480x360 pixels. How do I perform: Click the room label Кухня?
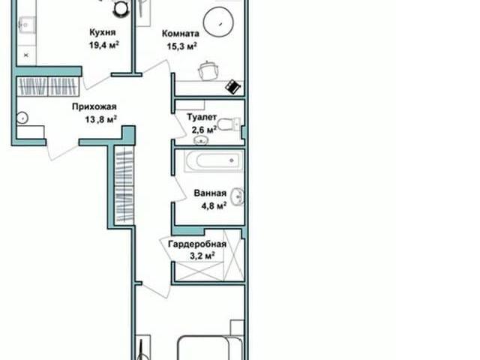pyautogui.click(x=102, y=32)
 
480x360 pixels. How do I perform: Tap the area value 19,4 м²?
pyautogui.click(x=103, y=45)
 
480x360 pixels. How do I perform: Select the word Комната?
pyautogui.click(x=180, y=33)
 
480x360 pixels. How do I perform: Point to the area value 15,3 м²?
pyautogui.click(x=181, y=46)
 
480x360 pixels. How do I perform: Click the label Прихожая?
pyautogui.click(x=94, y=106)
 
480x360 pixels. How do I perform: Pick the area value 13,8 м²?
pyautogui.click(x=100, y=119)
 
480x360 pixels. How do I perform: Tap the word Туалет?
pyautogui.click(x=202, y=117)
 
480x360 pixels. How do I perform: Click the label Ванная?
pyautogui.click(x=210, y=193)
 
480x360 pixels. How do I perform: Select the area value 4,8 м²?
pyautogui.click(x=214, y=205)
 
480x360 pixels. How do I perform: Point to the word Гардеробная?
pyautogui.click(x=197, y=244)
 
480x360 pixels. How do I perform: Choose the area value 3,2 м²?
pyautogui.click(x=202, y=255)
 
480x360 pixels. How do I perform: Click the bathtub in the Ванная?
pyautogui.click(x=214, y=160)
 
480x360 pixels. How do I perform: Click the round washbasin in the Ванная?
pyautogui.click(x=238, y=196)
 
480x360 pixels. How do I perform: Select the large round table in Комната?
pyautogui.click(x=218, y=22)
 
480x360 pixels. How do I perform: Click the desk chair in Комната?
pyautogui.click(x=208, y=70)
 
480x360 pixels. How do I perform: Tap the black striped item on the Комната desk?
pyautogui.click(x=233, y=87)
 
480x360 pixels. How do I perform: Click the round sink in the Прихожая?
pyautogui.click(x=22, y=118)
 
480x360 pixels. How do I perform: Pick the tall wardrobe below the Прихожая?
pyautogui.click(x=124, y=186)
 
